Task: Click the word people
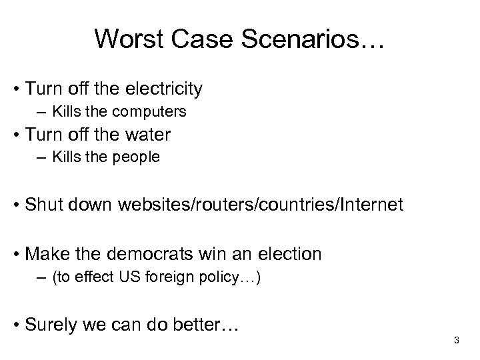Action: (137, 159)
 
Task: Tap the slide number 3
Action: (457, 341)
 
